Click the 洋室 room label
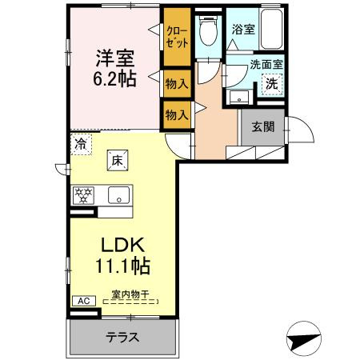pos(115,58)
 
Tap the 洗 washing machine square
pos(271,83)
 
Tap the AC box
pos(82,301)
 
